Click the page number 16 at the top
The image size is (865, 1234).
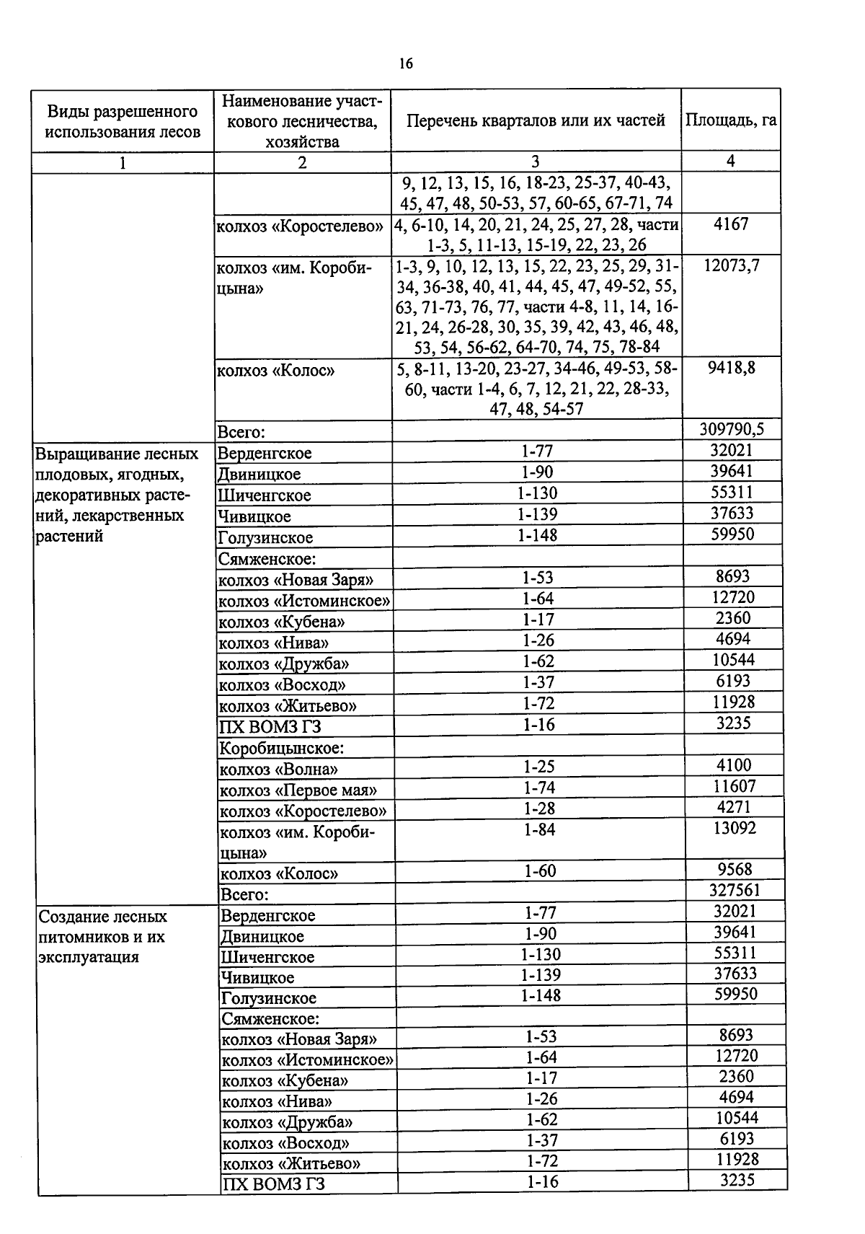pos(406,64)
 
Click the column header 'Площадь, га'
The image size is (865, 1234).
pos(730,120)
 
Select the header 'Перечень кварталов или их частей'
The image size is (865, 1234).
pos(536,120)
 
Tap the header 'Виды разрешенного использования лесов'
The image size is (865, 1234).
pos(122,121)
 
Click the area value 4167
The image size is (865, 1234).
pos(730,224)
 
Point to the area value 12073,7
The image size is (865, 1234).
pos(731,265)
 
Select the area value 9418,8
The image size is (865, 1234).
pos(731,368)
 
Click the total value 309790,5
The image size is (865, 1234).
pos(731,430)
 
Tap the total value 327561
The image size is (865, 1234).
pos(734,890)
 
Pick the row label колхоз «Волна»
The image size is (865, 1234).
pos(278,769)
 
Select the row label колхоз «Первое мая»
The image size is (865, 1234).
pos(298,790)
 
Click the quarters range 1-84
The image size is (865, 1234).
pos(539,829)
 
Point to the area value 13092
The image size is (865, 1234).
pos(734,828)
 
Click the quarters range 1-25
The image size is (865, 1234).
pos(539,767)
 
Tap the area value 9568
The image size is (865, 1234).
pos(734,869)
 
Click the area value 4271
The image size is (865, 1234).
pos(734,807)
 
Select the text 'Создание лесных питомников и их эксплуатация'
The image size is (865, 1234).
pos(102,936)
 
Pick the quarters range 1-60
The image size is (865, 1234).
pos(539,871)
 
